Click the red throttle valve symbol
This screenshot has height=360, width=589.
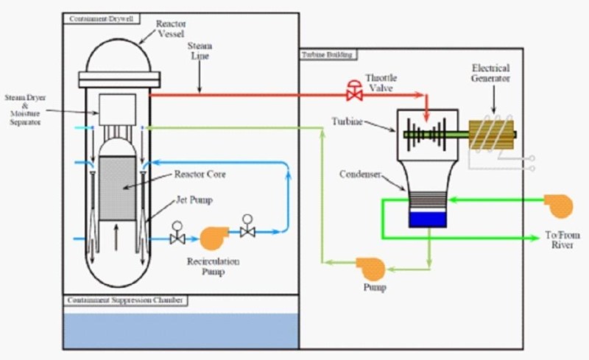point(356,93)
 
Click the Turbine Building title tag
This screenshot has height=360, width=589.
point(327,54)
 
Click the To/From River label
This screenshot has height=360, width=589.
point(562,240)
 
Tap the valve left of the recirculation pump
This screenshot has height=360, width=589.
point(177,238)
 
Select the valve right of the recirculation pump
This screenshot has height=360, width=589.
point(247,230)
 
